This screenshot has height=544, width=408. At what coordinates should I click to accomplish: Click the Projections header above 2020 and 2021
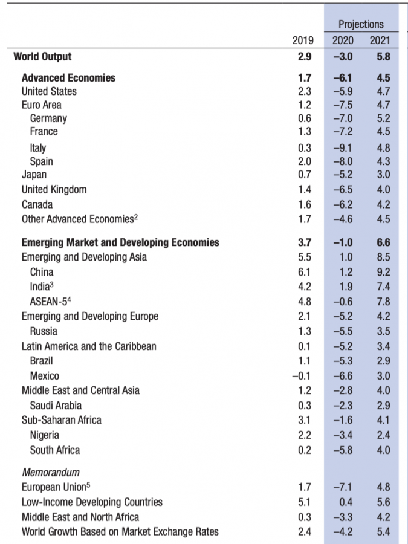(361, 24)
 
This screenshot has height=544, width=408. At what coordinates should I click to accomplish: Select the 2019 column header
(303, 40)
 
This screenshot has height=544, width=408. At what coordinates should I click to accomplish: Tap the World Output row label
(42, 57)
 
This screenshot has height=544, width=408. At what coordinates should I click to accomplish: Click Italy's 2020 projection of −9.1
(343, 148)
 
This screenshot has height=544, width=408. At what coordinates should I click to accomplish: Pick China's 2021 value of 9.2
(383, 272)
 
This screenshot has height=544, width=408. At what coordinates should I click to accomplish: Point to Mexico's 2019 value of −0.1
(301, 376)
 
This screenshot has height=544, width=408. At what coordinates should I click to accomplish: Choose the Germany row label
(48, 118)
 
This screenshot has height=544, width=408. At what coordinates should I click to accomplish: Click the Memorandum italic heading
(51, 472)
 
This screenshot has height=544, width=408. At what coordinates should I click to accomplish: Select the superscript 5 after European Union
(88, 485)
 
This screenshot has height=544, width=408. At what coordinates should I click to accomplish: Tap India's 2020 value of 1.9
(346, 287)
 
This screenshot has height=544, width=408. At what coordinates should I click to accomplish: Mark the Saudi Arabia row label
(56, 405)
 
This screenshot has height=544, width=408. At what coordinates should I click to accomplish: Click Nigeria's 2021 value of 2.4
(383, 435)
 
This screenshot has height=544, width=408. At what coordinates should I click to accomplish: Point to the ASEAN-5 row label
(50, 301)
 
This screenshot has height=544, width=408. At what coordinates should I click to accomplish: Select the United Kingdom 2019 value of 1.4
(305, 189)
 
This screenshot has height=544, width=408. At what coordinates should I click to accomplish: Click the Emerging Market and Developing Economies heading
(120, 242)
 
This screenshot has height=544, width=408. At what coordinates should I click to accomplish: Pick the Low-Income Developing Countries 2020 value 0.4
(346, 502)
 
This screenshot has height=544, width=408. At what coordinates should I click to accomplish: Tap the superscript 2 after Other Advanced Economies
(135, 217)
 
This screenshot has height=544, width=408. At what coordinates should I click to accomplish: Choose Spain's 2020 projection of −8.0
(343, 161)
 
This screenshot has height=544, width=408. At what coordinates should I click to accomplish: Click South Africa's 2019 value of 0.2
(305, 450)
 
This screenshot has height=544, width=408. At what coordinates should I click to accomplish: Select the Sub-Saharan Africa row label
(62, 420)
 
